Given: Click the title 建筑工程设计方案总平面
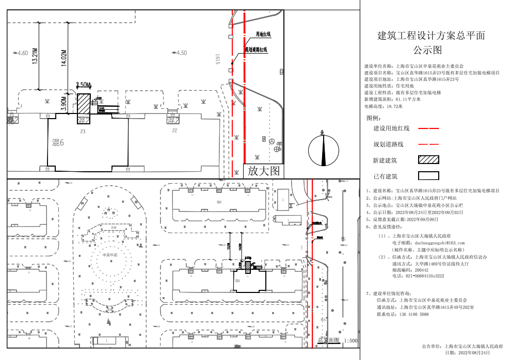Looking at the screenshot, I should click(x=432, y=36).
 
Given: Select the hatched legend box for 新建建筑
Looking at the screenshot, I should click(x=428, y=160).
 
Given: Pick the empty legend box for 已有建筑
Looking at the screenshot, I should click(x=428, y=176).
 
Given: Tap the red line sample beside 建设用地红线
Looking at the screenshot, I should click(x=428, y=128).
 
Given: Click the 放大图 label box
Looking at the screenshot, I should click(x=263, y=171).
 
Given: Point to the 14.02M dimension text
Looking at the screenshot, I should click(x=64, y=58).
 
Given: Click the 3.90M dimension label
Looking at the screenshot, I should click(x=64, y=103).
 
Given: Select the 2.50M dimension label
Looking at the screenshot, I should click(x=83, y=85).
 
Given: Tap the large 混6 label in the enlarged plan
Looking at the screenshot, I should click(x=58, y=142).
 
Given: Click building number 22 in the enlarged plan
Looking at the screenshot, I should click(x=174, y=130).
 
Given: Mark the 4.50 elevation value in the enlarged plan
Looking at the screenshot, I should click(x=181, y=53).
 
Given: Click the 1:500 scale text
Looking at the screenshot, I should click(x=350, y=341).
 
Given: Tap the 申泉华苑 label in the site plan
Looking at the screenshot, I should click(x=110, y=255).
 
